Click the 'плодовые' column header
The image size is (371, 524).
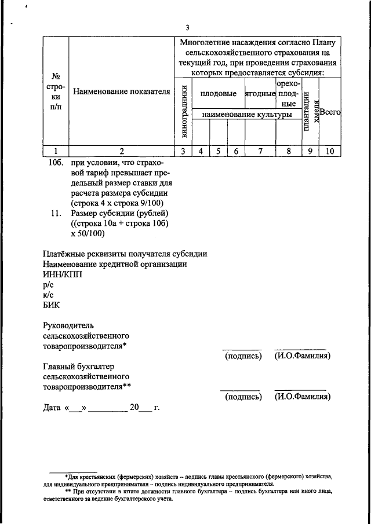[218, 93]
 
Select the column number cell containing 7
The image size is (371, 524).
[260, 151]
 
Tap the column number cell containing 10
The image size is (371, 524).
[330, 151]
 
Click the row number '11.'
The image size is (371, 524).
[56, 214]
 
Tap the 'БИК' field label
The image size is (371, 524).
[52, 306]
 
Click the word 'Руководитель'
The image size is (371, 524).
[68, 325]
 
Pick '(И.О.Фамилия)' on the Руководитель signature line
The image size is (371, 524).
[303, 356]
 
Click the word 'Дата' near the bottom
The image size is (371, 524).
[53, 407]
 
